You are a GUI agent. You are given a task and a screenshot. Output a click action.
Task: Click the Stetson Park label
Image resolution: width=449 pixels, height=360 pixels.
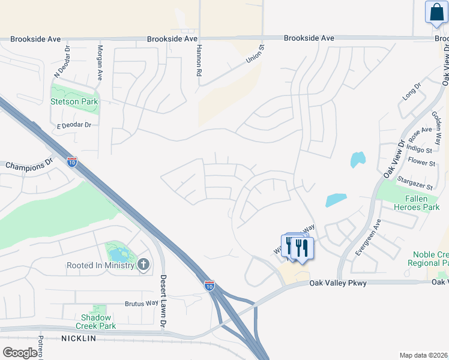coord(74,101)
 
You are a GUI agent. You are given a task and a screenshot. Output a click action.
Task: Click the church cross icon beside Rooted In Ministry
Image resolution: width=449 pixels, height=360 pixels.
coord(143,265)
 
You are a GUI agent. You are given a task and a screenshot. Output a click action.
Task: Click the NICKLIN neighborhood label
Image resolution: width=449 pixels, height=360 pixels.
coord(78,339)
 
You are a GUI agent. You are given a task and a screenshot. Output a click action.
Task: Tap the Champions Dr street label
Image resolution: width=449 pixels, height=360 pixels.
coord(29,164)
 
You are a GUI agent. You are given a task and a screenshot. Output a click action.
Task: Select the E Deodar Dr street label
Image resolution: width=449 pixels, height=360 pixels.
coord(74,125)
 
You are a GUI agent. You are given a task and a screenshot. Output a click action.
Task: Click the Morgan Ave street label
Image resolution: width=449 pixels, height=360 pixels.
coord(100,63)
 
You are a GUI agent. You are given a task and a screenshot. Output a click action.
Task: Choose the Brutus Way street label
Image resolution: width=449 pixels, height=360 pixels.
coord(142,304)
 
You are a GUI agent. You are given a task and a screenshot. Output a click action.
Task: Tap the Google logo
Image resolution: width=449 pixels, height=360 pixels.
coord(20,353)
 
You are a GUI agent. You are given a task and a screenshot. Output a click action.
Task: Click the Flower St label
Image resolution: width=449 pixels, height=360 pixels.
coord(421,163)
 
